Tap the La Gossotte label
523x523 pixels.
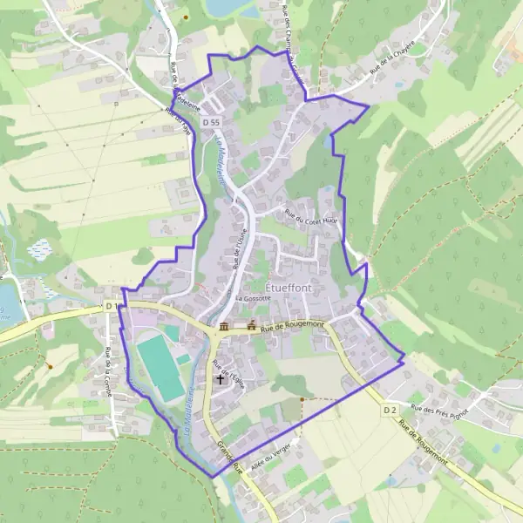point(253,298)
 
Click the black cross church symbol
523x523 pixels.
point(220,379)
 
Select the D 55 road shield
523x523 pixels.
point(210,123)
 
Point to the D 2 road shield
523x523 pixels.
point(390,409)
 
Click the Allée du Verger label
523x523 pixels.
point(269,455)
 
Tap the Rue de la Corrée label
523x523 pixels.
point(109,366)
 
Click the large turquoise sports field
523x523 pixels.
point(158,365)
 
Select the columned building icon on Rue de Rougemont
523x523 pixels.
point(224,327)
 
